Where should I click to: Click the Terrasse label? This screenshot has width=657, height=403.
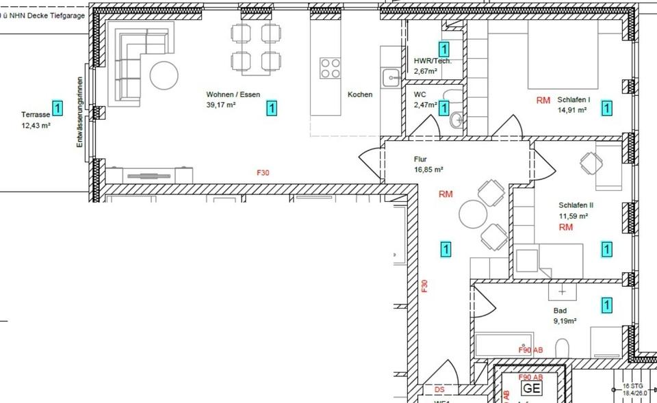[34, 115]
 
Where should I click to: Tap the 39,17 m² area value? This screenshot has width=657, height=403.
[221, 105]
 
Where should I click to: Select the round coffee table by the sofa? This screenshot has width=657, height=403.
[164, 75]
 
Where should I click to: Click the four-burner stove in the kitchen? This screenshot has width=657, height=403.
[330, 67]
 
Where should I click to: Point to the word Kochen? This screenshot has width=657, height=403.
[360, 94]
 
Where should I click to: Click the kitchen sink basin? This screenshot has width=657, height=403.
[391, 75]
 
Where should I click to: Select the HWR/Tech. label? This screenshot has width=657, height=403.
[433, 61]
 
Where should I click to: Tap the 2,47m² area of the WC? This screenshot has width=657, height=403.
[426, 105]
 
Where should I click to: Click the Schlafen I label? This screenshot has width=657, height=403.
[574, 99]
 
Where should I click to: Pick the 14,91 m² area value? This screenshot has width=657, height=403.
[573, 109]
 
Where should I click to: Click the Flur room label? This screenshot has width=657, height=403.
[420, 159]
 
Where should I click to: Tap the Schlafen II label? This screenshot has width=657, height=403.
[576, 205]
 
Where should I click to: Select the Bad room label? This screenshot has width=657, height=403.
[560, 310]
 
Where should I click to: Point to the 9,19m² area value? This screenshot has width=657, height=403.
[565, 320]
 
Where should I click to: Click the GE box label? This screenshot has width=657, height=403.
[531, 388]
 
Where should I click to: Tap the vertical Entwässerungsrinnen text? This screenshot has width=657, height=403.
[80, 113]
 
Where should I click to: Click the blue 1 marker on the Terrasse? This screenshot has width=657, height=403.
[57, 107]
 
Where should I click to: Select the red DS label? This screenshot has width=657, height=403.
[439, 389]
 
